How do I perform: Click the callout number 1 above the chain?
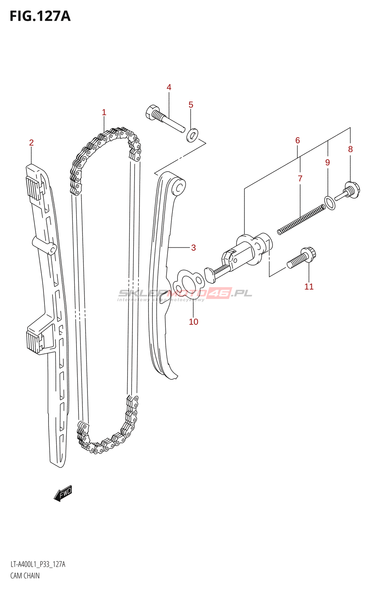point(104,112)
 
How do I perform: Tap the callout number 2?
point(31,143)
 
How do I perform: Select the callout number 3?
point(193,248)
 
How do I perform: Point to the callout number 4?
point(169,87)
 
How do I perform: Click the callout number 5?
point(191,105)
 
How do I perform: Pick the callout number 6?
point(297,141)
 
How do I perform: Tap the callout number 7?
point(300,179)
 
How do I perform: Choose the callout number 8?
point(350,149)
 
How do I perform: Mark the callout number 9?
point(328,162)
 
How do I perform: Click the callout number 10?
point(193,322)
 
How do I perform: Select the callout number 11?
point(309,287)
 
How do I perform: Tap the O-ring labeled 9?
point(330,203)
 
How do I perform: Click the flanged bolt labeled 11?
point(301,258)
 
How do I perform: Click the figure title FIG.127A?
point(40,17)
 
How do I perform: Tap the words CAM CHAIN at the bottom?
point(25,576)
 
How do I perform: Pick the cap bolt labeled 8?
point(349,191)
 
